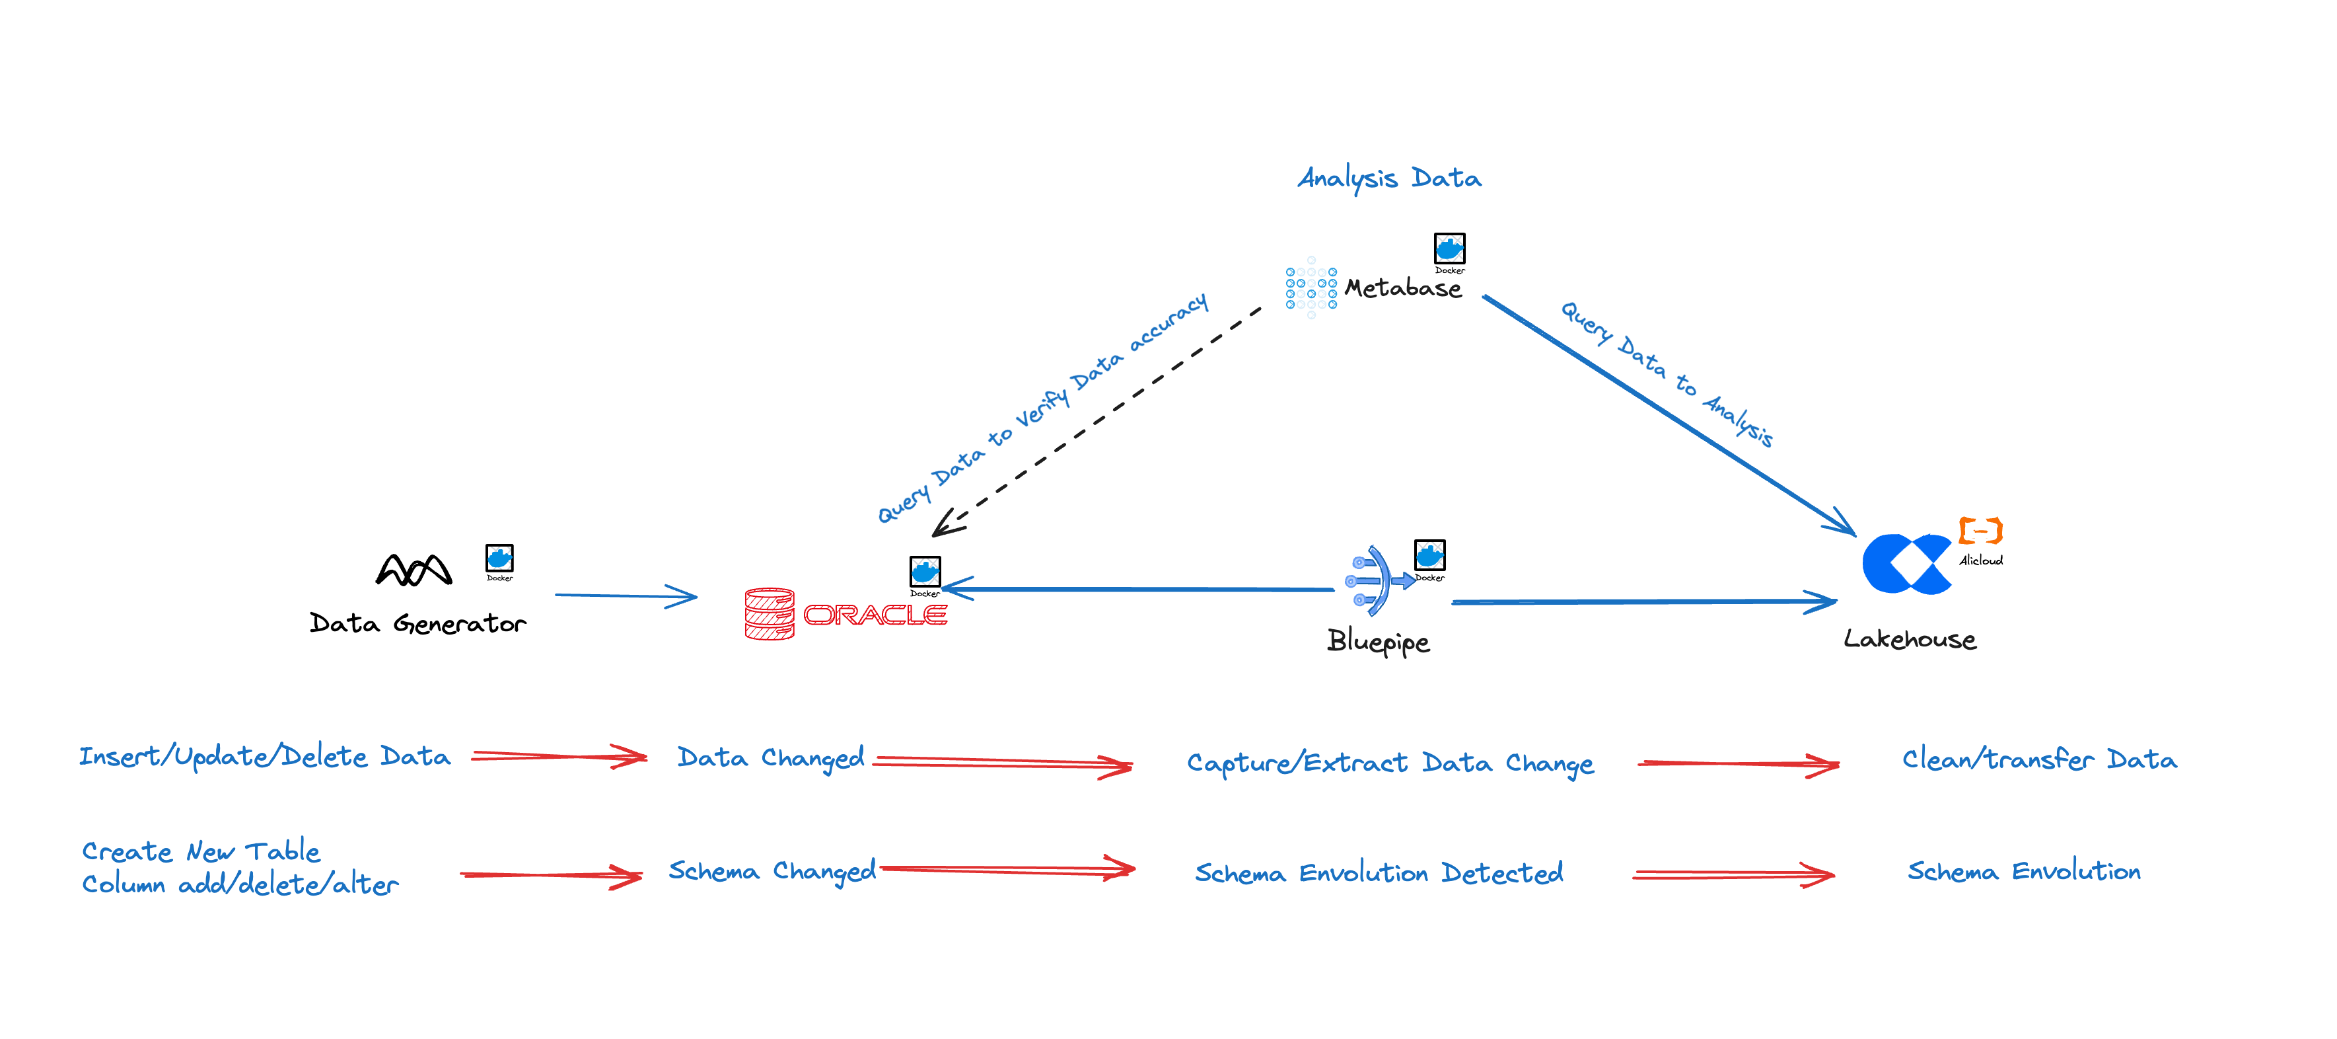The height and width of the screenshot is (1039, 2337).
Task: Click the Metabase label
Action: [x=1402, y=289]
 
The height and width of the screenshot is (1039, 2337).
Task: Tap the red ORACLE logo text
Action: [x=875, y=615]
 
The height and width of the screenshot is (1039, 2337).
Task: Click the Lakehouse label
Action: [x=1909, y=640]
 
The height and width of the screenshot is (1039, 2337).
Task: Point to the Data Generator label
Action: [x=417, y=623]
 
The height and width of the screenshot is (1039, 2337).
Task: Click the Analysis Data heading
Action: [x=1389, y=178]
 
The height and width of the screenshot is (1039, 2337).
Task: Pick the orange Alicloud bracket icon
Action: [x=1980, y=530]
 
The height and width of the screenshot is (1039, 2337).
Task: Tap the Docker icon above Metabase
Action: [x=1449, y=249]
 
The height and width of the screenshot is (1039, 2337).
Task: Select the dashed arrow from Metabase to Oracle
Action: [x=1098, y=419]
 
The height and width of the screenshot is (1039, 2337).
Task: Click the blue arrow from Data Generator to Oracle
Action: [x=626, y=596]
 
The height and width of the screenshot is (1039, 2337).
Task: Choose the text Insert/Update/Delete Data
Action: [x=264, y=757]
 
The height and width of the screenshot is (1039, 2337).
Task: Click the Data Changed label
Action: [x=770, y=757]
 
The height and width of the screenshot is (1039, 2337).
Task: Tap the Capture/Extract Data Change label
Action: [x=1390, y=763]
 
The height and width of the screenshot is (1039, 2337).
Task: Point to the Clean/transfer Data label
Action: [x=2038, y=759]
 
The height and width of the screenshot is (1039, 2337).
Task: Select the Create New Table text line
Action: [x=201, y=851]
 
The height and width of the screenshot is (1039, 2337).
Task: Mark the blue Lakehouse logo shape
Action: [x=1905, y=564]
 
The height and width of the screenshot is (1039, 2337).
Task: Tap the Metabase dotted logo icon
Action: [x=1311, y=288]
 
